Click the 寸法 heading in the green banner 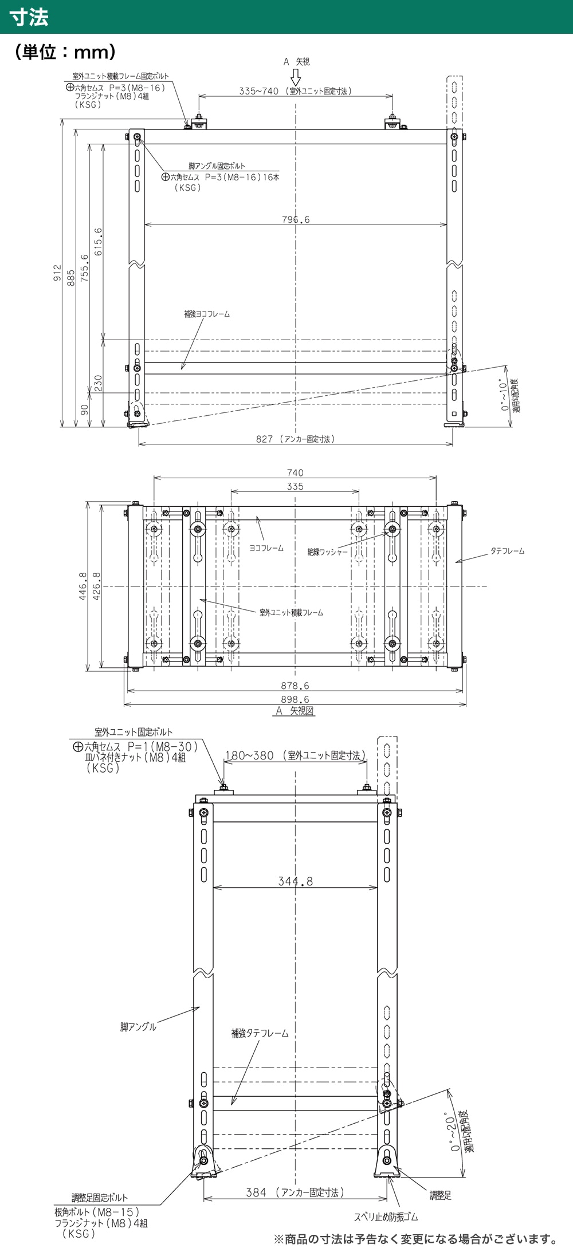(29, 17)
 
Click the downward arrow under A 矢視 (296, 77)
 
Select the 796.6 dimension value (296, 219)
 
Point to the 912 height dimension (57, 273)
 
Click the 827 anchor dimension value (264, 439)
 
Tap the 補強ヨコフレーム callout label (206, 314)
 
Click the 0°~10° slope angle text (504, 396)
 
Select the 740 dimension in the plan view (295, 472)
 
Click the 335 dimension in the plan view (295, 486)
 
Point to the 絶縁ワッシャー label (327, 552)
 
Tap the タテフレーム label (507, 551)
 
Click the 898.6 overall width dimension (295, 699)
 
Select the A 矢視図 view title (295, 711)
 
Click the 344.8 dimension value (296, 881)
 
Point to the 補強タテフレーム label (260, 1033)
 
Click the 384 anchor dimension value (256, 1192)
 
